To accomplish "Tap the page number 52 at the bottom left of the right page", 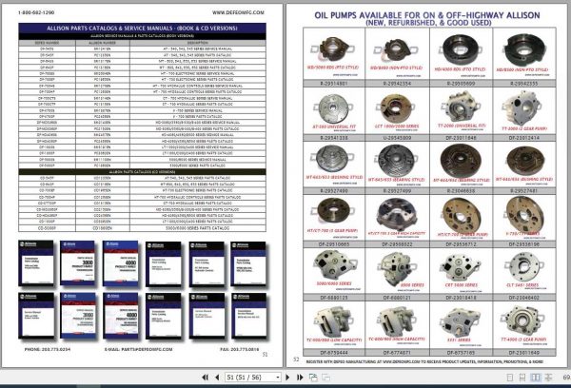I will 296,360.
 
